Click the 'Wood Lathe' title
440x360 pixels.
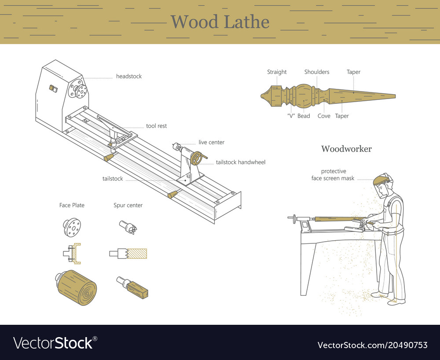click(220, 22)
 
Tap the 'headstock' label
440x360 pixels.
click(128, 77)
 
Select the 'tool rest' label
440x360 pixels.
click(156, 126)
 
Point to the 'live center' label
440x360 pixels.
click(211, 143)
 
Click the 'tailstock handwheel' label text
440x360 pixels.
click(240, 162)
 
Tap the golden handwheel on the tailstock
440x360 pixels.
click(198, 158)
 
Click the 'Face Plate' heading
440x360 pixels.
click(72, 206)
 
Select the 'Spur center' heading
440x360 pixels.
click(128, 206)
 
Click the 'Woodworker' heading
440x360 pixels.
click(346, 149)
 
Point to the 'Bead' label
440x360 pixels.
click(304, 116)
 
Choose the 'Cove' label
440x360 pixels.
click(324, 116)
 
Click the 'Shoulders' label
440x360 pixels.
click(316, 72)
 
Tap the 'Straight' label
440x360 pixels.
click(277, 72)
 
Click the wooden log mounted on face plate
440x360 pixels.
click(77, 288)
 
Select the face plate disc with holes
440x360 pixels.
click(72, 227)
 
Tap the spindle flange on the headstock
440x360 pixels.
click(80, 91)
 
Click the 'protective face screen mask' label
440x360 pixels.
click(333, 175)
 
